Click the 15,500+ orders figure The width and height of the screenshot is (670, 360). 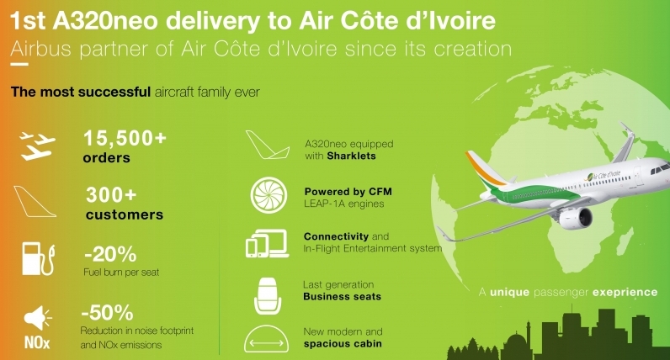click(x=125, y=138)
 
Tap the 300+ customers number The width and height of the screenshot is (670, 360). click(x=111, y=195)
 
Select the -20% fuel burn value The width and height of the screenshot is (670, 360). click(x=110, y=254)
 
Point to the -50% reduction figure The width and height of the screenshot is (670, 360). click(x=107, y=313)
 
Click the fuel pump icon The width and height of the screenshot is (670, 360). click(x=39, y=259)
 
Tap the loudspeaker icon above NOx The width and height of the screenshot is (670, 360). click(x=37, y=318)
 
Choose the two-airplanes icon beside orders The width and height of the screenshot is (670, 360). click(x=38, y=146)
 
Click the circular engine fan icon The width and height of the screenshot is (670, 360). click(x=269, y=195)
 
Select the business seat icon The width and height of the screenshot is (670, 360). click(x=268, y=296)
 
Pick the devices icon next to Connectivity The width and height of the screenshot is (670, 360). click(x=267, y=244)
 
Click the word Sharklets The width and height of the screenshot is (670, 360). click(x=351, y=156)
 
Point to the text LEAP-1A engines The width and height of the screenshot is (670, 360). click(x=344, y=204)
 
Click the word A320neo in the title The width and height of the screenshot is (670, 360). click(x=105, y=21)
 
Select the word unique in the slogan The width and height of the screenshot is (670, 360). click(x=509, y=293)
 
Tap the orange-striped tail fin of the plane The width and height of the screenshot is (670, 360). click(x=486, y=170)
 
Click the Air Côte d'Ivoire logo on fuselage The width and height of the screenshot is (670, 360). click(x=603, y=176)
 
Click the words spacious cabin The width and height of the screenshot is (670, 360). click(x=343, y=344)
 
